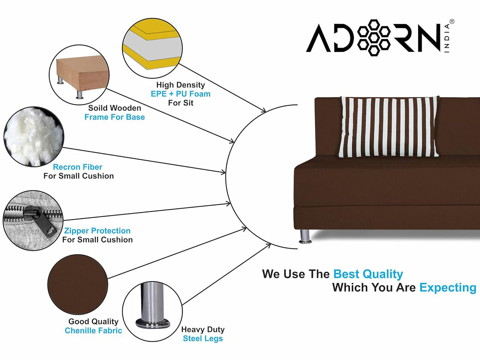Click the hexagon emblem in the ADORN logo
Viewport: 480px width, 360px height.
[x=374, y=38]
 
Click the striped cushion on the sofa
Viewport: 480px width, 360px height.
[x=389, y=127]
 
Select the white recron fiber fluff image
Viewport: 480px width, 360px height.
[x=33, y=136]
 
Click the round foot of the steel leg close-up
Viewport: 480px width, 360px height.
[x=152, y=323]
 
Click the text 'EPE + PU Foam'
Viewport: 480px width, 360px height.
[x=180, y=94]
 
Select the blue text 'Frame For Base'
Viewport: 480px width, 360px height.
[x=115, y=117]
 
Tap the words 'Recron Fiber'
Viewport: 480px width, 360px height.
[x=77, y=167]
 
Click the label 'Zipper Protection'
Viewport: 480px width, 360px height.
[x=97, y=231]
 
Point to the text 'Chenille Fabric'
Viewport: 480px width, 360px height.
[x=93, y=331]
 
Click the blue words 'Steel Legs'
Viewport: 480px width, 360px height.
[x=203, y=339]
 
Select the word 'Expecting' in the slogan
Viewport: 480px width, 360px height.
[x=447, y=288]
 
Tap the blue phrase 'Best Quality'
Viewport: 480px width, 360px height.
[x=368, y=274]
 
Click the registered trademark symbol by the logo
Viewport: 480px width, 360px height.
[x=452, y=22]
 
